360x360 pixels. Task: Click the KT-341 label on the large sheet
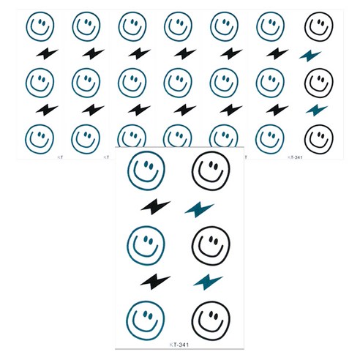[x=179, y=345]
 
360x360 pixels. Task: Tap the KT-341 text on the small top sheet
[x=295, y=157]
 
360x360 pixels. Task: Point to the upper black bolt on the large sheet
[x=155, y=206]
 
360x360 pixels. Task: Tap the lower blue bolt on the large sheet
[x=208, y=282]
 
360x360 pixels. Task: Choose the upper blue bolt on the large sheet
[x=199, y=209]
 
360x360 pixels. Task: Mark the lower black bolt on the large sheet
[x=155, y=282]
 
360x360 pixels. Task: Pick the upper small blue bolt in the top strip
[x=310, y=56]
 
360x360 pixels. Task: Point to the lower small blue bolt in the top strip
[x=317, y=110]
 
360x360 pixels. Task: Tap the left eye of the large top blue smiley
[x=146, y=164]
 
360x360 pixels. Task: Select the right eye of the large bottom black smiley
[x=216, y=316]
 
